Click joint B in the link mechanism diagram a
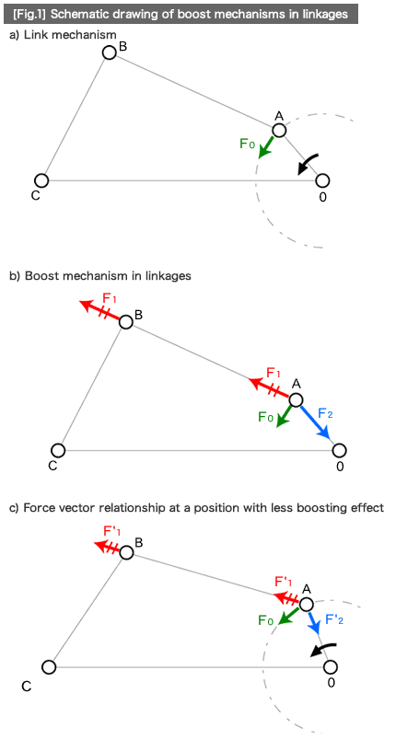point(110,52)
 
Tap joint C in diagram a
point(41,180)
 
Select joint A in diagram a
point(279,130)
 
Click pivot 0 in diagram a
point(322,180)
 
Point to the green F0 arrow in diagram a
point(266,147)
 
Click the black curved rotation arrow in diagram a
point(308,164)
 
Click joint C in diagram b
point(59,450)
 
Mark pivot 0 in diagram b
point(340,450)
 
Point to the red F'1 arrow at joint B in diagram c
point(108,548)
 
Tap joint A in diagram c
point(307,604)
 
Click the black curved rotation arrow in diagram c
point(320,650)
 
